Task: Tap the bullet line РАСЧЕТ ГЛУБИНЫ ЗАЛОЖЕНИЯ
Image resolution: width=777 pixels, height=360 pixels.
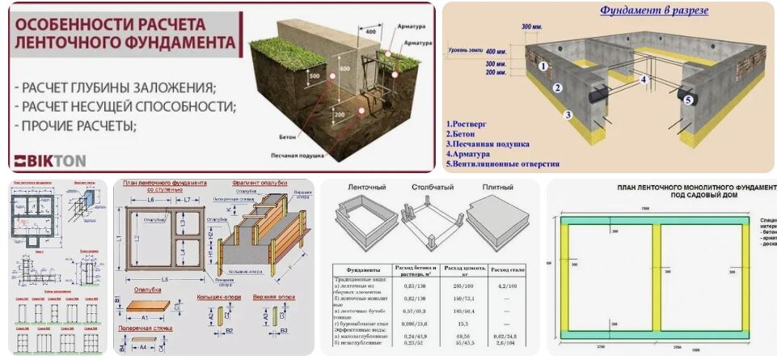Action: tap(116, 87)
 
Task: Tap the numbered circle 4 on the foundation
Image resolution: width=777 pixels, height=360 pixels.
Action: tap(644, 79)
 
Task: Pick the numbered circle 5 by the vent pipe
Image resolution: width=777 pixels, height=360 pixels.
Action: tap(688, 100)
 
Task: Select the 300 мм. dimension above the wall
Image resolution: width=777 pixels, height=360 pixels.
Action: tap(532, 28)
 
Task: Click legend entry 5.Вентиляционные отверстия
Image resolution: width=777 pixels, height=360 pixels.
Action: tap(502, 163)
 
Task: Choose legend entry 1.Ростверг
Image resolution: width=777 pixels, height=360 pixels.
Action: tap(468, 125)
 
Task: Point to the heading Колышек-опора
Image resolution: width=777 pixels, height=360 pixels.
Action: tap(217, 297)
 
